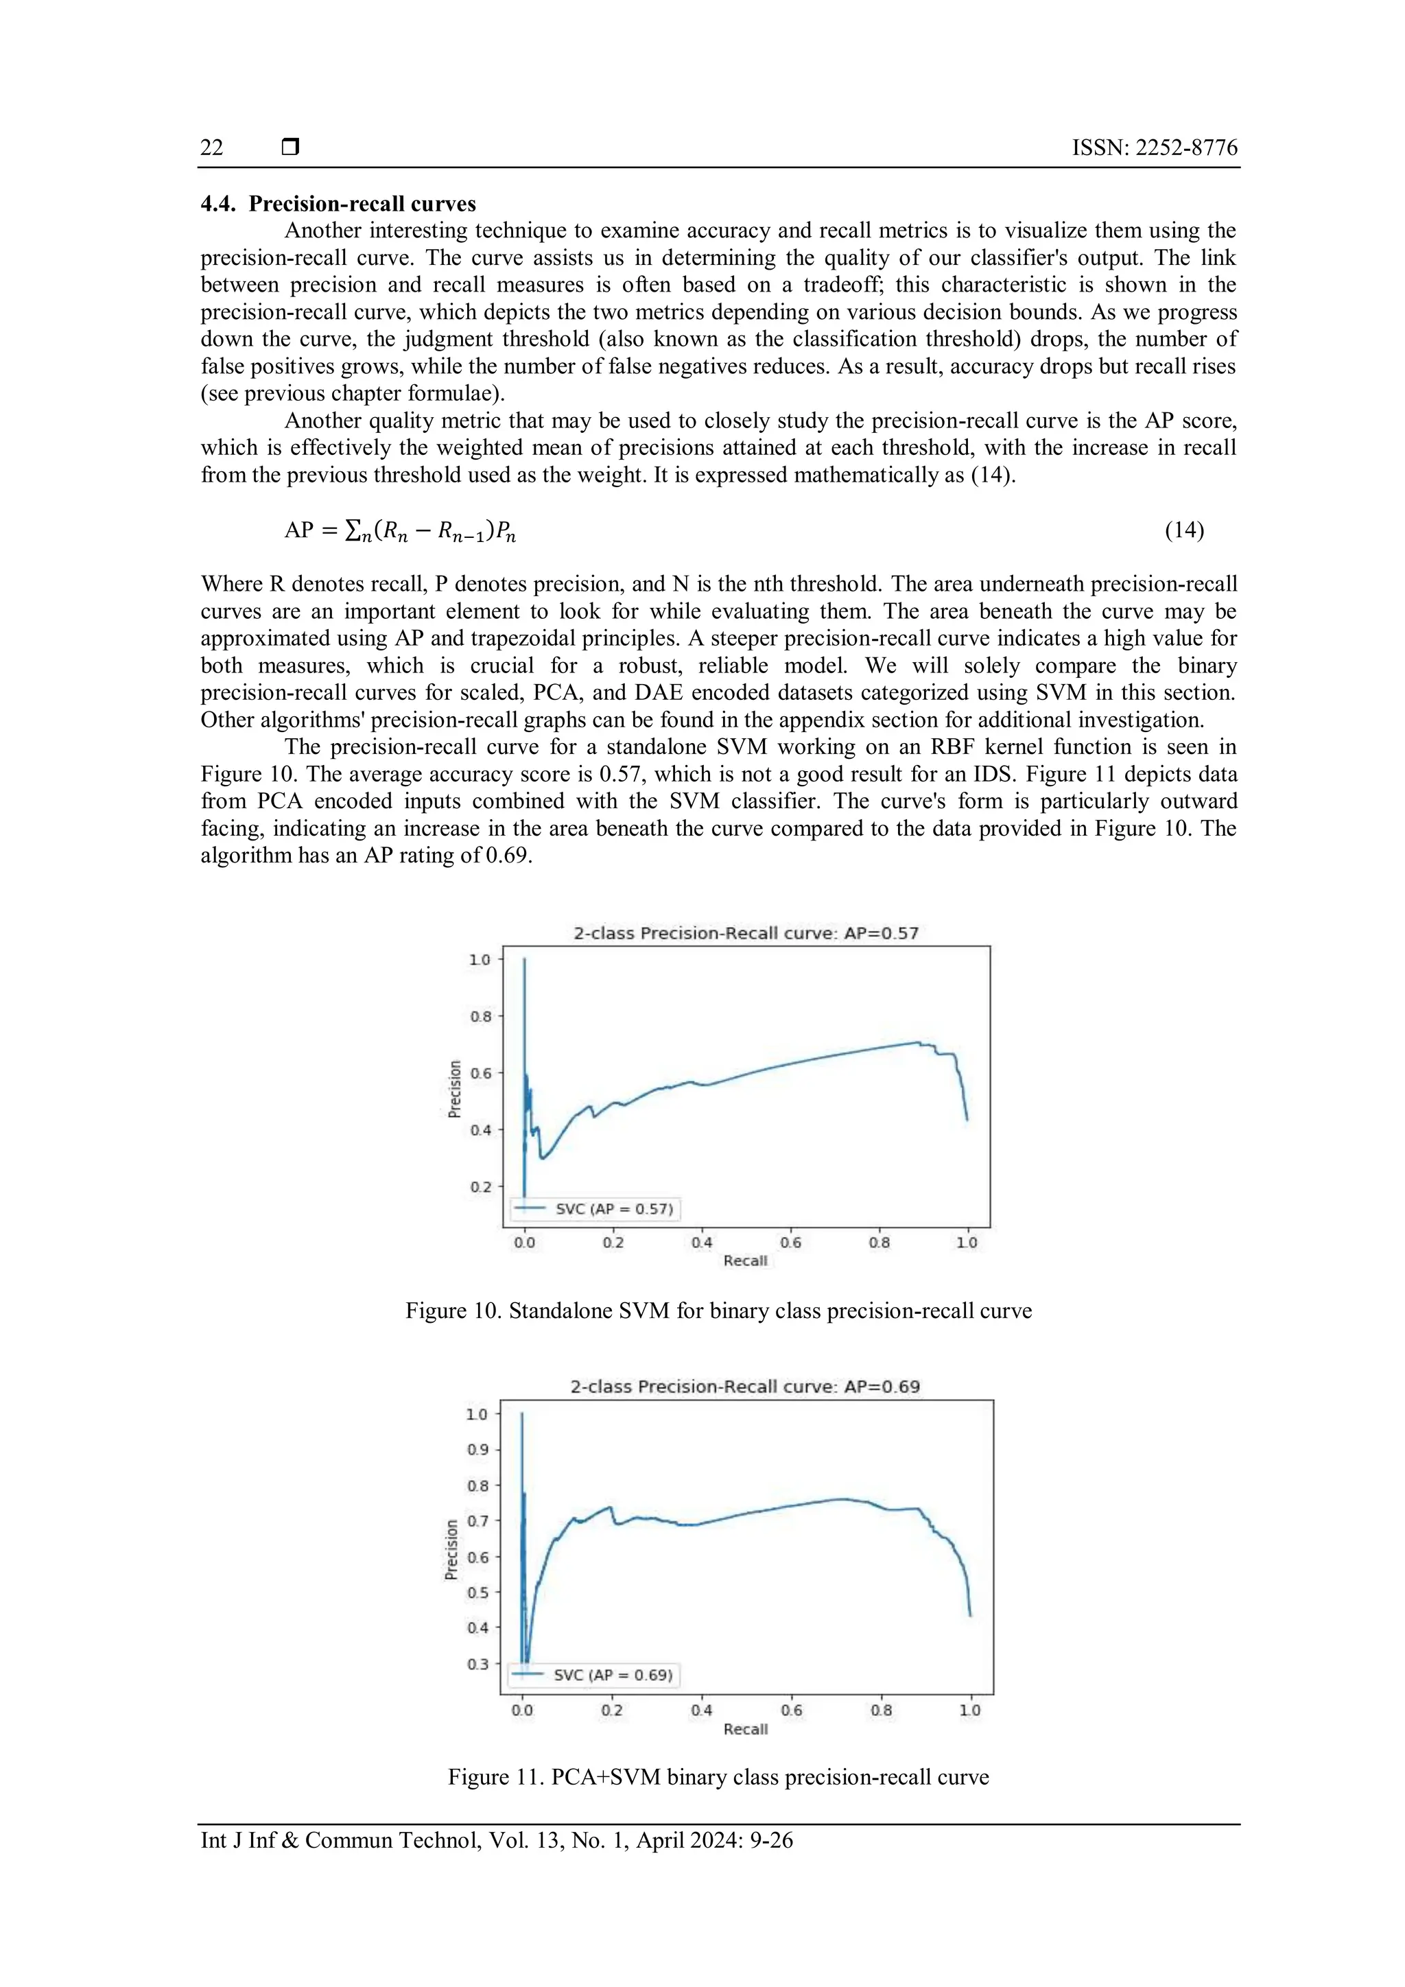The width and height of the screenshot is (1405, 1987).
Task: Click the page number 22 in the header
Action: tap(212, 148)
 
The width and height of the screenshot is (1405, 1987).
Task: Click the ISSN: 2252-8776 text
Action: tap(1154, 148)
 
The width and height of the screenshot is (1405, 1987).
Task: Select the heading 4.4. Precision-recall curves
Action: tap(338, 204)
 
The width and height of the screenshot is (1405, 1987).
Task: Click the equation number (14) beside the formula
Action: tap(1183, 530)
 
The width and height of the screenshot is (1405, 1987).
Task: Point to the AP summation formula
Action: tap(401, 530)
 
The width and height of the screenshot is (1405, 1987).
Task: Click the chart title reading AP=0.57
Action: tap(746, 933)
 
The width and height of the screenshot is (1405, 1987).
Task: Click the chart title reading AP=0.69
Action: tap(745, 1387)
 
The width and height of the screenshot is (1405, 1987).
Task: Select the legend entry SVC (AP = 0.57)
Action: tap(613, 1209)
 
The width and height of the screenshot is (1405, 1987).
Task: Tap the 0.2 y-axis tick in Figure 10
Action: tap(480, 1186)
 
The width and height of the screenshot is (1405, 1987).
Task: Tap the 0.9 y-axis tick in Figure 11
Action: tap(477, 1450)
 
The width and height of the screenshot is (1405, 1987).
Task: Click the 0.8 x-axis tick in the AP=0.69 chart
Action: tap(881, 1710)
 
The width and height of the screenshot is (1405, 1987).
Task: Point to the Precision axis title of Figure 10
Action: tap(455, 1089)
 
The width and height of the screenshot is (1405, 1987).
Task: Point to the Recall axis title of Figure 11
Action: tap(745, 1729)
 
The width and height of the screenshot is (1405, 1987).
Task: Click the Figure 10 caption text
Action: tap(718, 1311)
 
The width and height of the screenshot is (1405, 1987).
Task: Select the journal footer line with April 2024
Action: tap(497, 1840)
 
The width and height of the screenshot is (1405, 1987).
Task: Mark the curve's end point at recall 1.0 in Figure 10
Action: tap(967, 1120)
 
